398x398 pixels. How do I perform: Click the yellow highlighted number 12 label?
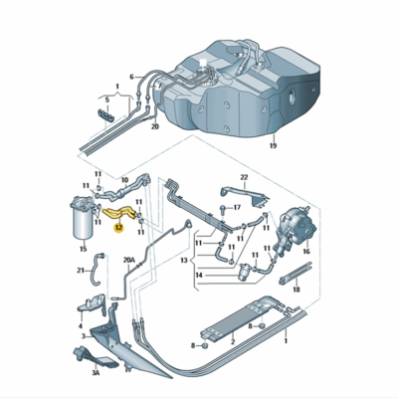[118, 228]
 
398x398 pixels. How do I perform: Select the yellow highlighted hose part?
[119, 213]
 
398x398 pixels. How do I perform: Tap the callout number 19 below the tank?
[273, 145]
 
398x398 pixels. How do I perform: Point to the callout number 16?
[306, 252]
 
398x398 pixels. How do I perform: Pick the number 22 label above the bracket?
[244, 177]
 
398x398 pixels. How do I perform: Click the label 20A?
[129, 261]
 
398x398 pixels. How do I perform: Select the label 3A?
[96, 373]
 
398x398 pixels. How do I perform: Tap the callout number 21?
[81, 271]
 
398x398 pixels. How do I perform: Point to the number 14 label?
[199, 275]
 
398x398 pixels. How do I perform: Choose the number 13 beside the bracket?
[184, 261]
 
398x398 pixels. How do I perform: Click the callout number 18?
[297, 290]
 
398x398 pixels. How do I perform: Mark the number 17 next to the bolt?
[237, 208]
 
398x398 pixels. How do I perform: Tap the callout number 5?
[106, 99]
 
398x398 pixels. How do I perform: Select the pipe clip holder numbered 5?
[106, 113]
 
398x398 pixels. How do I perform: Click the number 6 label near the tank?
[131, 77]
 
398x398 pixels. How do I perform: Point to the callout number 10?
[124, 180]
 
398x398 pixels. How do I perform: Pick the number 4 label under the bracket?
[81, 326]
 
